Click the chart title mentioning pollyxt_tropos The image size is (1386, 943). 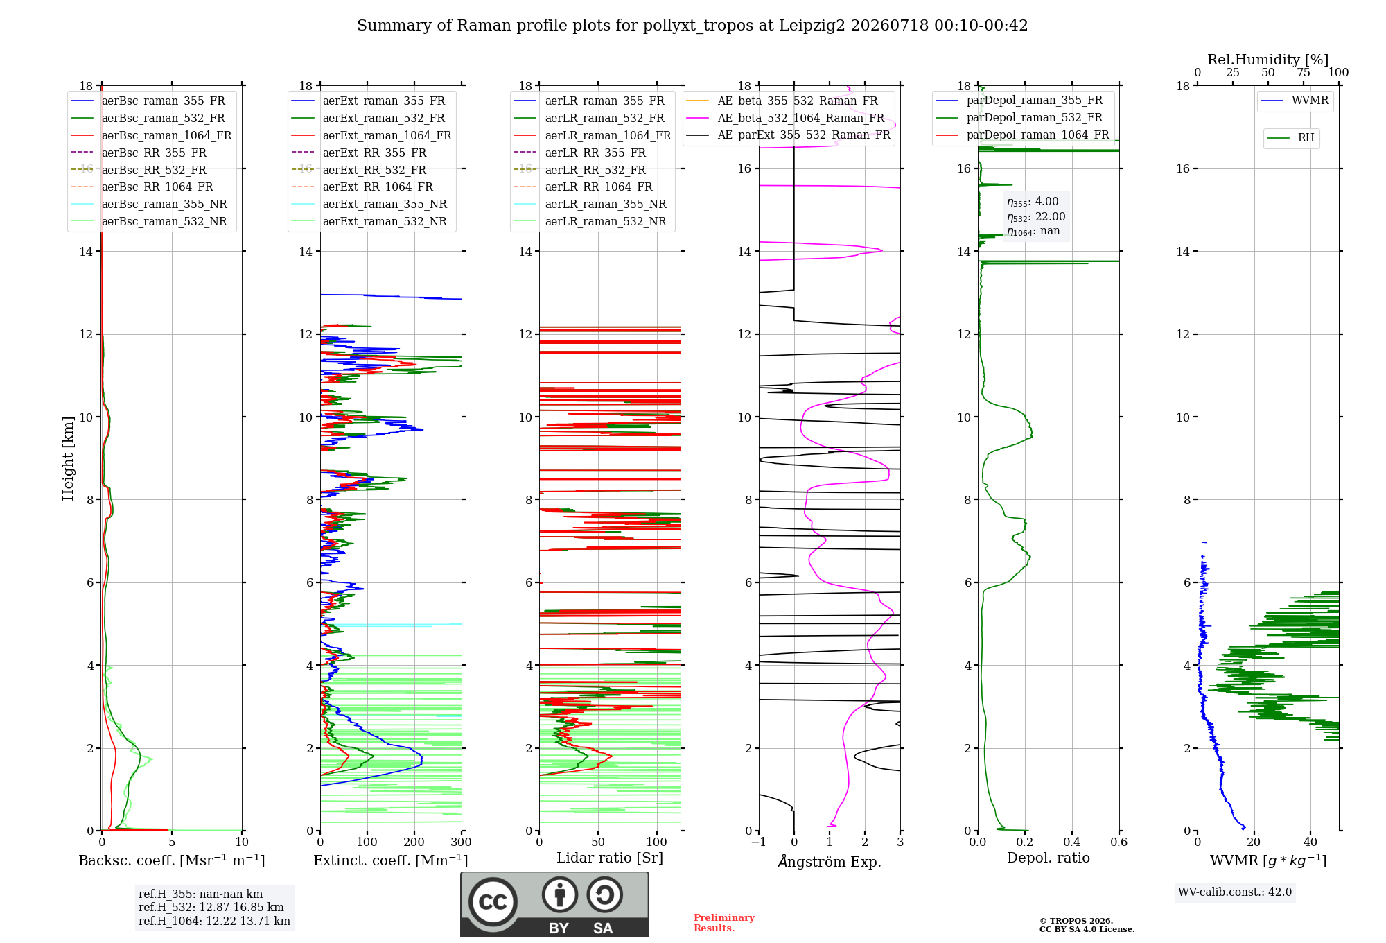tap(692, 26)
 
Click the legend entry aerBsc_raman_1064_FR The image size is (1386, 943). tap(166, 135)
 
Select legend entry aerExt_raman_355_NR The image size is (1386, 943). tap(385, 204)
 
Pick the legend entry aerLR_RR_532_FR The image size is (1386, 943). tap(595, 170)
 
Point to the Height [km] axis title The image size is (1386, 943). tap(68, 458)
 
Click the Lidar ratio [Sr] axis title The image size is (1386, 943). tap(610, 858)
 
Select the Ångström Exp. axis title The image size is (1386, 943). tap(830, 861)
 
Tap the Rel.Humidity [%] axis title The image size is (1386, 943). tap(1268, 60)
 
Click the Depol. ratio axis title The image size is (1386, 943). tap(1049, 858)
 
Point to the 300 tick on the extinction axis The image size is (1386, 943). tap(461, 842)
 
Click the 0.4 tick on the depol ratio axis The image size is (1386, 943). tap(1072, 842)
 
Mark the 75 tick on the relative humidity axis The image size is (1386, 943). tap(1304, 73)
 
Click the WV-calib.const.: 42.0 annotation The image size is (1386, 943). tap(1235, 892)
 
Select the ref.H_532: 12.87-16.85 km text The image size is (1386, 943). tap(211, 907)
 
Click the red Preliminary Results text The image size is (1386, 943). tap(724, 923)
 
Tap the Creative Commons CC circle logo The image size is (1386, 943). tap(493, 902)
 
